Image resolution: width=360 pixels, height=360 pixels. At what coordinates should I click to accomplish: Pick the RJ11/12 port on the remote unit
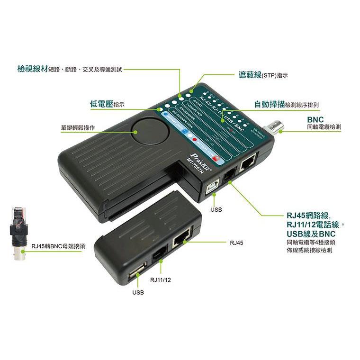coord(160,257)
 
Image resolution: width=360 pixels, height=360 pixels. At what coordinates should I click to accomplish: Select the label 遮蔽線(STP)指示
coord(263,75)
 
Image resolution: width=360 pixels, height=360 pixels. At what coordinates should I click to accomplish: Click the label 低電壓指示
coord(107,104)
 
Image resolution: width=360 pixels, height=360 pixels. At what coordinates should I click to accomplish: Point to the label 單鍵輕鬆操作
coord(78,128)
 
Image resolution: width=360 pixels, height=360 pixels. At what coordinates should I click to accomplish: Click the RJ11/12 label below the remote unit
coord(160,280)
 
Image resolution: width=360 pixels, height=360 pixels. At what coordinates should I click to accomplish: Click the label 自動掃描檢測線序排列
coord(286,104)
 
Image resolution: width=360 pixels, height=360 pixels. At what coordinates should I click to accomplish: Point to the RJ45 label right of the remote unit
coord(236,243)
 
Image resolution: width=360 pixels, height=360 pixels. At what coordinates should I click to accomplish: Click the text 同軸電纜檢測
coord(324,127)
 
